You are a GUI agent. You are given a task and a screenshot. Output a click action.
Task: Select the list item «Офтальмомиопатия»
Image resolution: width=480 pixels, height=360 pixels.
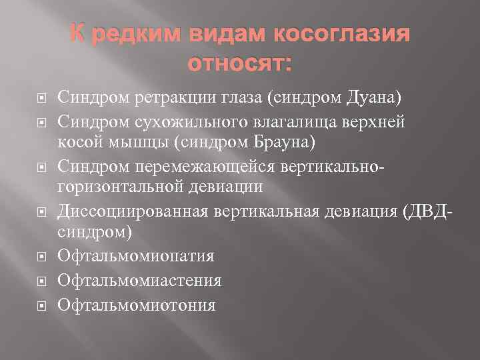(136, 256)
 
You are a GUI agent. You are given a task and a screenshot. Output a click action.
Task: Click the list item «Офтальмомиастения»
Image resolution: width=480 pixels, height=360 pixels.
(139, 281)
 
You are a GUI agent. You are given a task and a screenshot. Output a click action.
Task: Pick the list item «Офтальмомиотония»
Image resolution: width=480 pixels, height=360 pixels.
(137, 305)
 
